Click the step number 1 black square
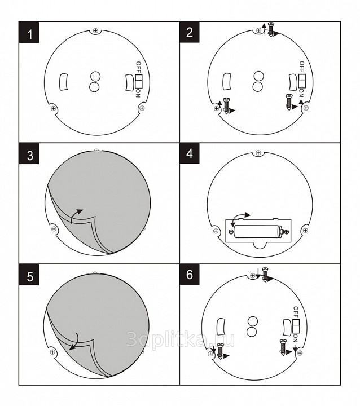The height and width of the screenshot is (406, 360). [29, 32]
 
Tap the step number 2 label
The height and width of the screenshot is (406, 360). [190, 32]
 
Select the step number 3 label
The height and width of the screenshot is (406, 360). [29, 153]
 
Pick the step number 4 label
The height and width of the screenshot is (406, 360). [190, 153]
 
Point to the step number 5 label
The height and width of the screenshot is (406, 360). [29, 275]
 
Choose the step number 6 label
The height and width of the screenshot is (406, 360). [190, 275]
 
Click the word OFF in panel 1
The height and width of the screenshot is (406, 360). [138, 67]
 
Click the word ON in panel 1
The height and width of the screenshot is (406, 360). [138, 94]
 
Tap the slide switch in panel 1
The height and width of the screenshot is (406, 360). [138, 81]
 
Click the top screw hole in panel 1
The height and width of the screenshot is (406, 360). [96, 31]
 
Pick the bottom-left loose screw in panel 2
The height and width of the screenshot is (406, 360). [226, 105]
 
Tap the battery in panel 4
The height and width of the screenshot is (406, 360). [258, 231]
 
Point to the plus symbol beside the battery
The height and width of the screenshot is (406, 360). [287, 232]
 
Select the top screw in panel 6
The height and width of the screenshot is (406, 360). [265, 275]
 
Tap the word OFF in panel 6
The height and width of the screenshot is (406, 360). [296, 312]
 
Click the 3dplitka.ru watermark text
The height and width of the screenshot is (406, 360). [181, 339]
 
